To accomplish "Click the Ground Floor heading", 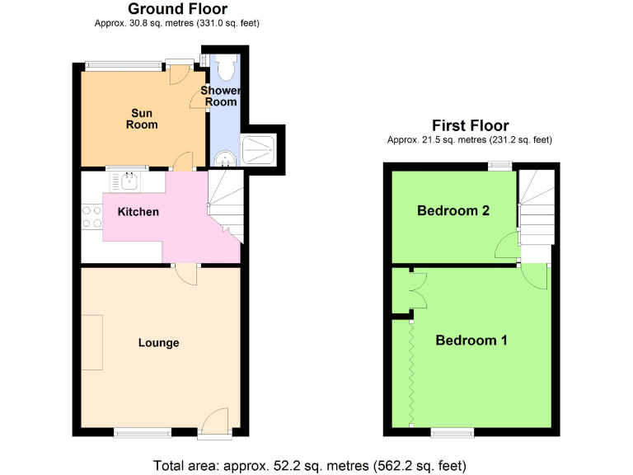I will point(177,9).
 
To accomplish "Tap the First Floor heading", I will point(471,125).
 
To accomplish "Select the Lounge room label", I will point(158,343).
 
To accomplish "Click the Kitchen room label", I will point(138,212).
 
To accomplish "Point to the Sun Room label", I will point(141,119).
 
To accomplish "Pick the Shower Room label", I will point(222,96).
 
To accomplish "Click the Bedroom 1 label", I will point(471,340).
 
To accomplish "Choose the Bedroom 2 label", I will point(453,210).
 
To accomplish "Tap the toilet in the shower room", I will point(228,67).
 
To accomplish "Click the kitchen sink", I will point(129,179).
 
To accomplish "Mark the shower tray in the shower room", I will point(261,150).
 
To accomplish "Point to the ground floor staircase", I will point(226,202).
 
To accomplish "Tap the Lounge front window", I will point(143,431).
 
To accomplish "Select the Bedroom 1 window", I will point(452,431).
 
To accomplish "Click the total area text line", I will point(316,464).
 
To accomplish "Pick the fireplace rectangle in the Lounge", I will point(91,343).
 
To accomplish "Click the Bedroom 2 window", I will point(499,166).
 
